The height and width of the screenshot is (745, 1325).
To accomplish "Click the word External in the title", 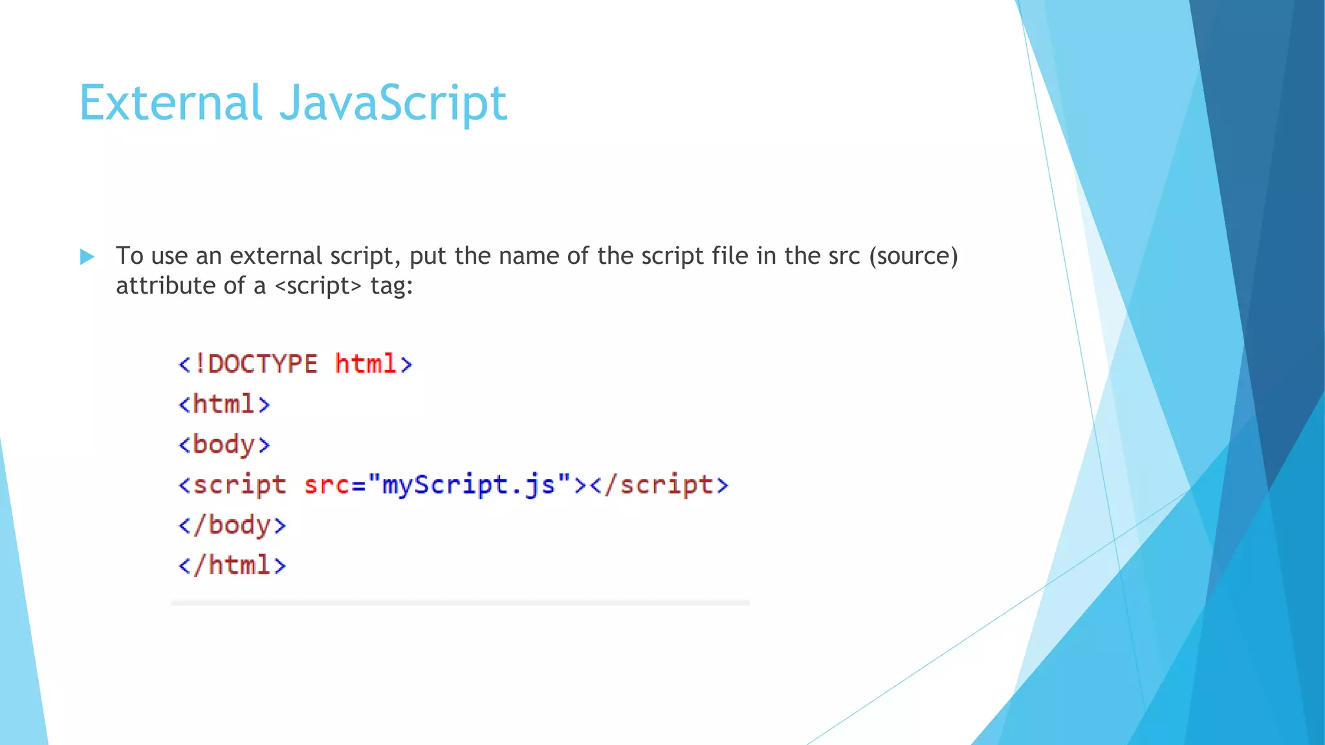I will [171, 103].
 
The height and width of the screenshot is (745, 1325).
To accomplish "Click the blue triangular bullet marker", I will [87, 257].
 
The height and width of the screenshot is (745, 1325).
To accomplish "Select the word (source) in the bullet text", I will [914, 256].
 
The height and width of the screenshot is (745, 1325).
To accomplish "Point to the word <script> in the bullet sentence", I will [318, 286].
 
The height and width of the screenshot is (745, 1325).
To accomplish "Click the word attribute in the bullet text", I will [165, 286].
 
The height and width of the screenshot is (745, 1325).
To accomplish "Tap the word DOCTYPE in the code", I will [263, 364].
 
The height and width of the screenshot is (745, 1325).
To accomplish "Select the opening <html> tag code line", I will [224, 404].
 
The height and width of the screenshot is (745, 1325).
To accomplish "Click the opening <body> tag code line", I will [224, 445].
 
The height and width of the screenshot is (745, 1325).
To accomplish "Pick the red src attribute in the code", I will [327, 485].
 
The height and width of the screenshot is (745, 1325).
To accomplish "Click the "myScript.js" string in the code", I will [470, 485].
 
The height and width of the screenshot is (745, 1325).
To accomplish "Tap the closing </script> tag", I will [659, 485].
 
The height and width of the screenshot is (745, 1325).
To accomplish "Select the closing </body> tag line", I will [232, 525].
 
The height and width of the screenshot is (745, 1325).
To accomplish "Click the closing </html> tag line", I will [232, 565].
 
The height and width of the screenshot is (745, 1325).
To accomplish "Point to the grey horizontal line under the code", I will [460, 603].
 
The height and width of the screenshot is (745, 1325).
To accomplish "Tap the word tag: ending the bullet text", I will [391, 286].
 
